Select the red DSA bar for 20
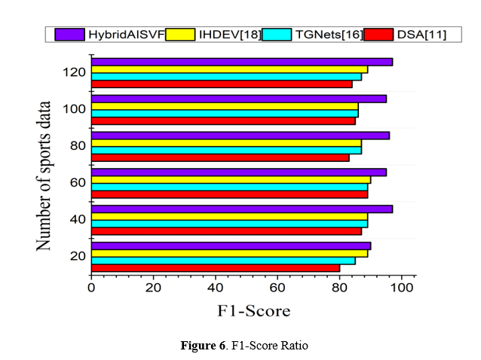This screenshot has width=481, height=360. [215, 267]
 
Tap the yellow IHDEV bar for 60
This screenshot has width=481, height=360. [231, 179]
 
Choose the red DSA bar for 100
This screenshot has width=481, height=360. [223, 121]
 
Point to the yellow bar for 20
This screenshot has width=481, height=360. [229, 253]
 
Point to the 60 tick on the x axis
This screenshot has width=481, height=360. [277, 286]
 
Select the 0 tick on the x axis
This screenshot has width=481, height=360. [90, 286]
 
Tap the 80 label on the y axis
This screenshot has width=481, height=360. [77, 145]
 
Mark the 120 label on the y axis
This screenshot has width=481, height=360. [74, 72]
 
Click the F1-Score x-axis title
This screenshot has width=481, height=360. [253, 310]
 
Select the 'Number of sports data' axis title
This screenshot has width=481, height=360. [47, 175]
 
